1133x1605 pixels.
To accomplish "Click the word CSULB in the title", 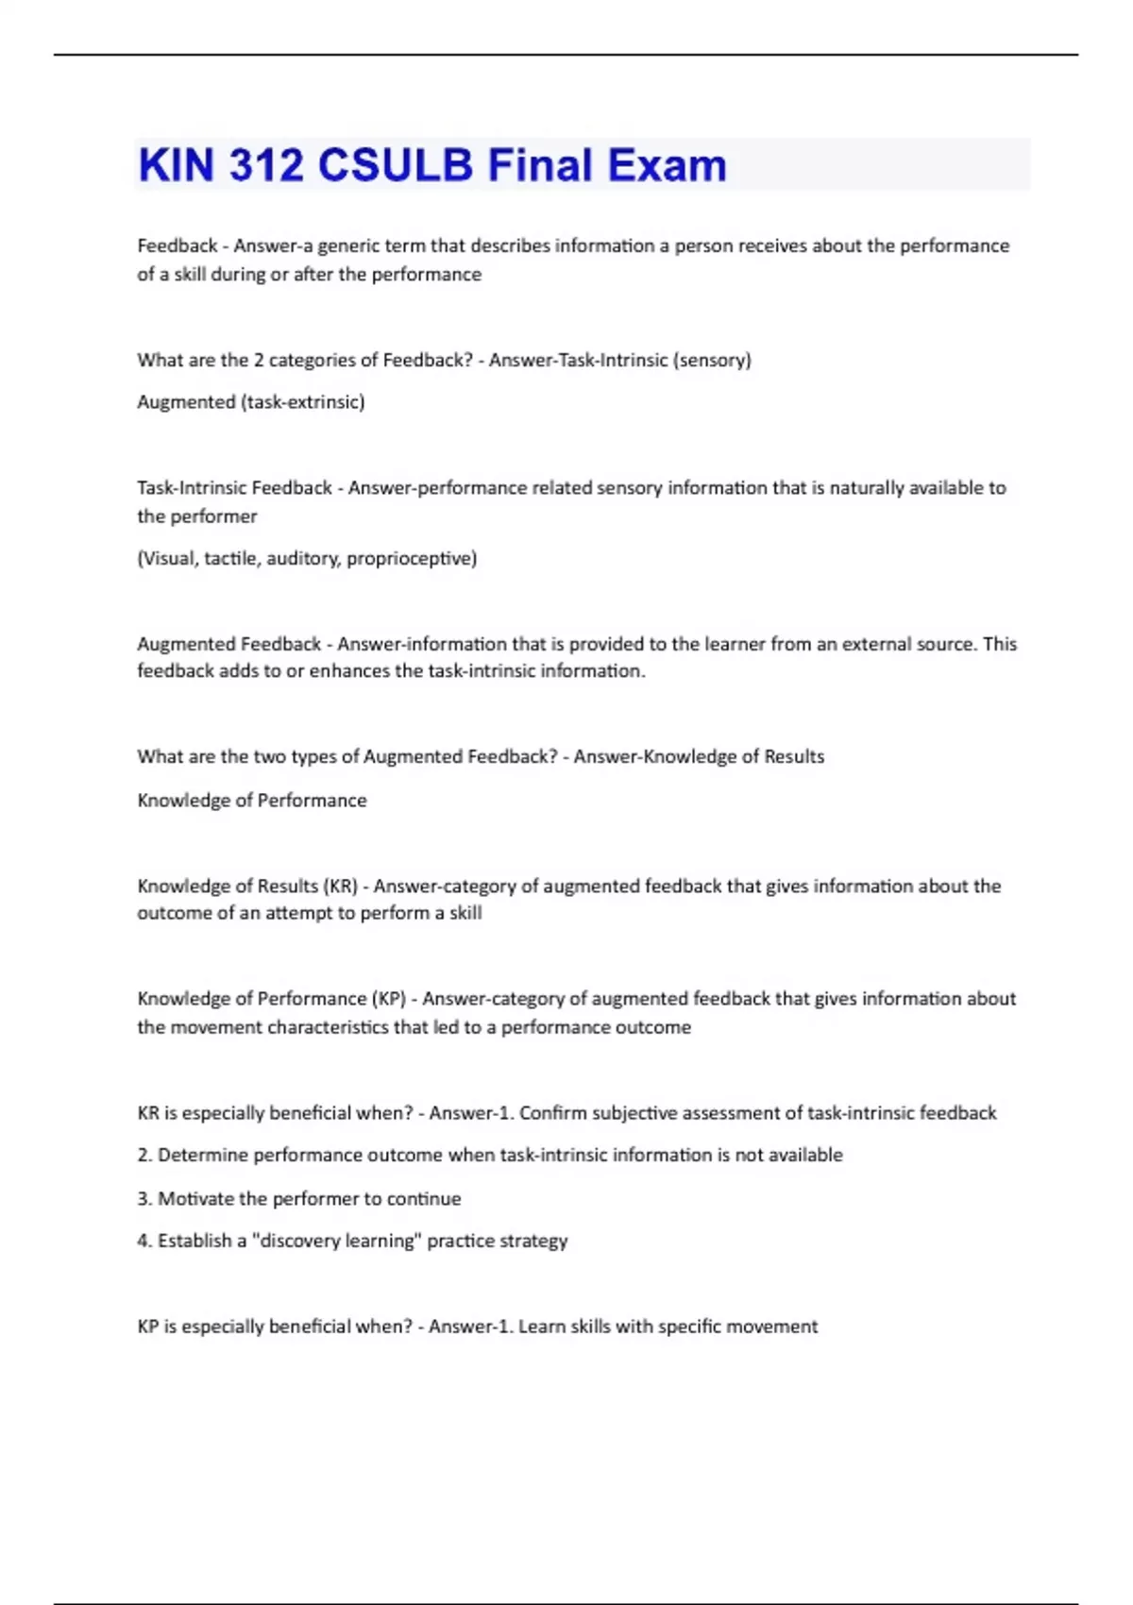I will coord(395,165).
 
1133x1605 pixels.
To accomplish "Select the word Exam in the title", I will coord(667,165).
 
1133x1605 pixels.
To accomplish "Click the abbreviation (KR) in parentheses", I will coord(341,887).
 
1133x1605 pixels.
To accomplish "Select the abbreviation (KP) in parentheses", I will coord(389,999).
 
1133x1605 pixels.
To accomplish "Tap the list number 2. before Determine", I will coord(144,1156).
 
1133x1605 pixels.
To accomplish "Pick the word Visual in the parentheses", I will coord(167,559).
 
